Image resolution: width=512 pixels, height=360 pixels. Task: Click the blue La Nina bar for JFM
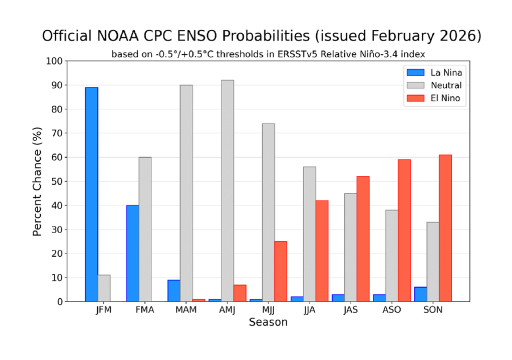(x=91, y=194)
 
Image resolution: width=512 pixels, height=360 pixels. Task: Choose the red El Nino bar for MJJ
(x=280, y=271)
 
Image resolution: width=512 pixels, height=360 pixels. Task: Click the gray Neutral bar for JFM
(x=104, y=288)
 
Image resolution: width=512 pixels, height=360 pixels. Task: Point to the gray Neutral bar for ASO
(x=391, y=255)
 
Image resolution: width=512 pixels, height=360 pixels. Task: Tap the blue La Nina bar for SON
(x=420, y=294)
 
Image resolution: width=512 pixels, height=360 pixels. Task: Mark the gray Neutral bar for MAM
(x=186, y=193)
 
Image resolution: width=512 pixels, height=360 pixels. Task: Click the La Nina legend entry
(x=432, y=72)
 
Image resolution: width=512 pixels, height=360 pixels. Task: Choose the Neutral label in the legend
(x=446, y=85)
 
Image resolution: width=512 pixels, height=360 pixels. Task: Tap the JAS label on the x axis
(x=350, y=310)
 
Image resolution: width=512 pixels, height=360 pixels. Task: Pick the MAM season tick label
(x=186, y=310)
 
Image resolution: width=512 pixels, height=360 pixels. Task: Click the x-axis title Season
(x=268, y=322)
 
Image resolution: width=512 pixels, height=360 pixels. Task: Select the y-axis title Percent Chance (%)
(x=37, y=181)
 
